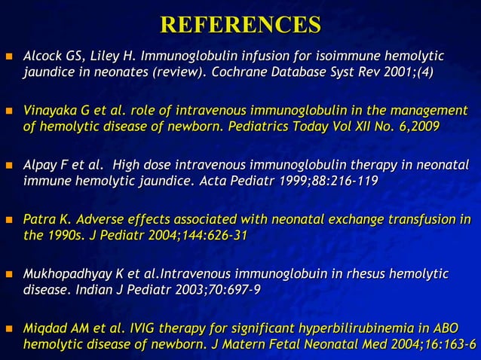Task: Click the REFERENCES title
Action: pyautogui.click(x=240, y=24)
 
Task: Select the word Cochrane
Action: pyautogui.click(x=239, y=72)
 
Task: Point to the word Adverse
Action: pyautogui.click(x=88, y=220)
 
